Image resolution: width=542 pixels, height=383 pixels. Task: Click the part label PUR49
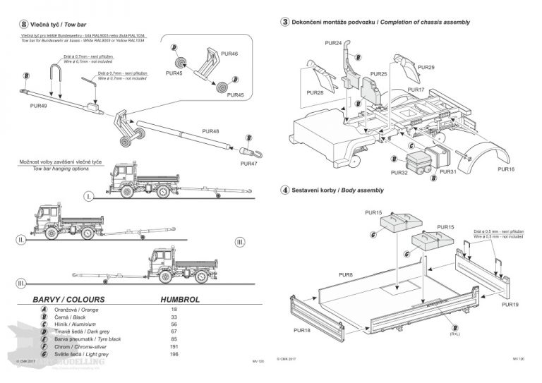pos(39,106)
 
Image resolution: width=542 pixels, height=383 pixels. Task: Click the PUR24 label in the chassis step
pos(333,43)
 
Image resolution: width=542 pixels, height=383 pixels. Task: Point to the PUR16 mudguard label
pos(506,169)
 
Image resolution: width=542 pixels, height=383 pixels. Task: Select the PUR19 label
pos(510,305)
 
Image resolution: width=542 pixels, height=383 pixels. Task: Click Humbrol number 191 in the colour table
pos(174,347)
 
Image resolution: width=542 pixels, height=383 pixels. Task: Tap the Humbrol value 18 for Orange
pos(174,310)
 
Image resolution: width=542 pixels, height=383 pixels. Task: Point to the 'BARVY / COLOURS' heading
pos(69,299)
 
